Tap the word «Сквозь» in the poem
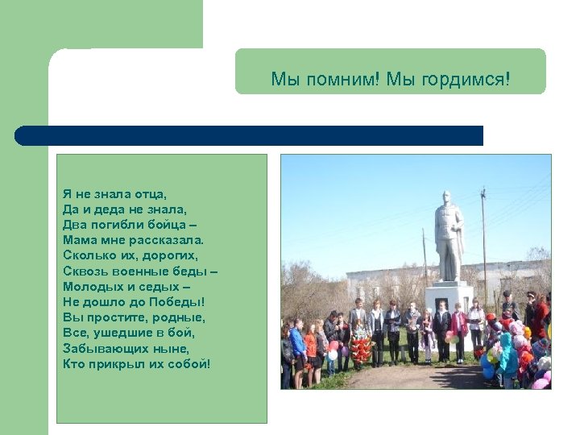click(82, 271)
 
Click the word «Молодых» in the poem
click(89, 286)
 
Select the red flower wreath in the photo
click(362, 350)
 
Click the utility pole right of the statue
click(484, 242)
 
